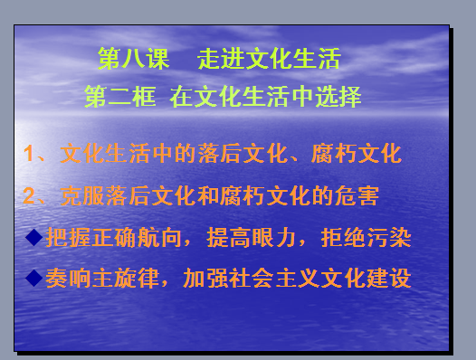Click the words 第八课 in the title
[x=133, y=59]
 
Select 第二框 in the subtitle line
[x=120, y=97]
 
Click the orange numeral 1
[x=28, y=153]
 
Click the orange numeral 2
[x=29, y=195]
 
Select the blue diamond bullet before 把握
[x=34, y=237]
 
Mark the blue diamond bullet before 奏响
[x=34, y=278]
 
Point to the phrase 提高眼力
[x=252, y=237]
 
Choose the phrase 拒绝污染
[x=367, y=237]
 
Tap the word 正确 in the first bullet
[x=114, y=237]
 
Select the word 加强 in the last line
[x=205, y=278]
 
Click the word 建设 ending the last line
[x=389, y=278]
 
